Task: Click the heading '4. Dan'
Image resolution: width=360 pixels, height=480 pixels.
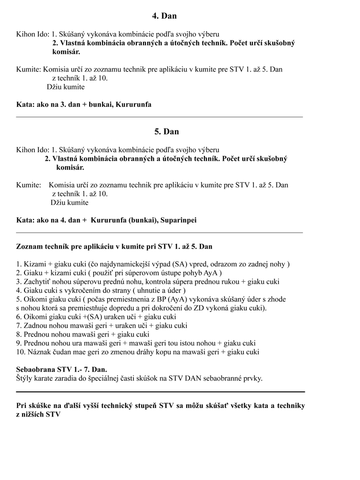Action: [x=164, y=16]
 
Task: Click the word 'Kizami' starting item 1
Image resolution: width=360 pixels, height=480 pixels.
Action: [x=35, y=264]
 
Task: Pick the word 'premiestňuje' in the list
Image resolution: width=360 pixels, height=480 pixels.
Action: [x=92, y=308]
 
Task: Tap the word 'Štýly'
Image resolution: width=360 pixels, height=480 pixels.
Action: [x=26, y=378]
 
